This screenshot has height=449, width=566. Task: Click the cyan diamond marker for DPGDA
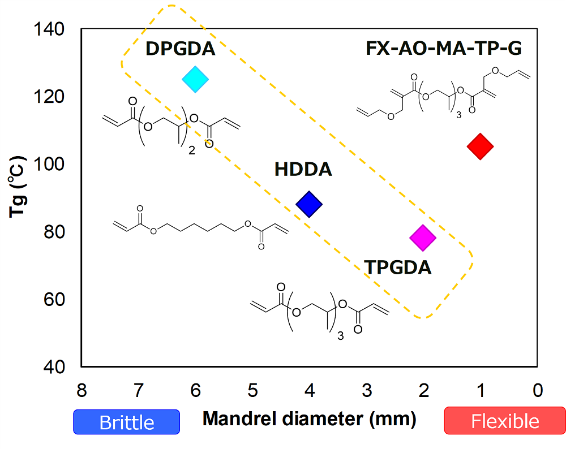coord(195,79)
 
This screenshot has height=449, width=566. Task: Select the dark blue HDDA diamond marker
coord(309,204)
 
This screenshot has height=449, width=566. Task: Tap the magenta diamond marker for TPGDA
coord(423,238)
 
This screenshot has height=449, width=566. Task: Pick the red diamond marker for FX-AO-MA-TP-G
coord(481,146)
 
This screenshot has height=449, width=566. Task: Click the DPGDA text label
coord(181,49)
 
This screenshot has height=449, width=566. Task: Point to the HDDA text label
coord(303,169)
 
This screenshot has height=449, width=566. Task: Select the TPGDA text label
coord(398,266)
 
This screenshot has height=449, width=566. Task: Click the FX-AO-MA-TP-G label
coord(444,49)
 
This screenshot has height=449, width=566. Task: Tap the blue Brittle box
coord(126,422)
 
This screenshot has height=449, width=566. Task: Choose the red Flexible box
coord(505,422)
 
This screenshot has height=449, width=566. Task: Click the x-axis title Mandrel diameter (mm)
coord(310,419)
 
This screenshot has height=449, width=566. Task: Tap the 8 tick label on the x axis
coord(82,390)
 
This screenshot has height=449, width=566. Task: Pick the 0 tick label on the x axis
coord(538,390)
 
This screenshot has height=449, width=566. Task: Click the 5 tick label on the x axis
coord(252,390)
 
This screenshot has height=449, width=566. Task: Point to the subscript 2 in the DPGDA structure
coord(191,151)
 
